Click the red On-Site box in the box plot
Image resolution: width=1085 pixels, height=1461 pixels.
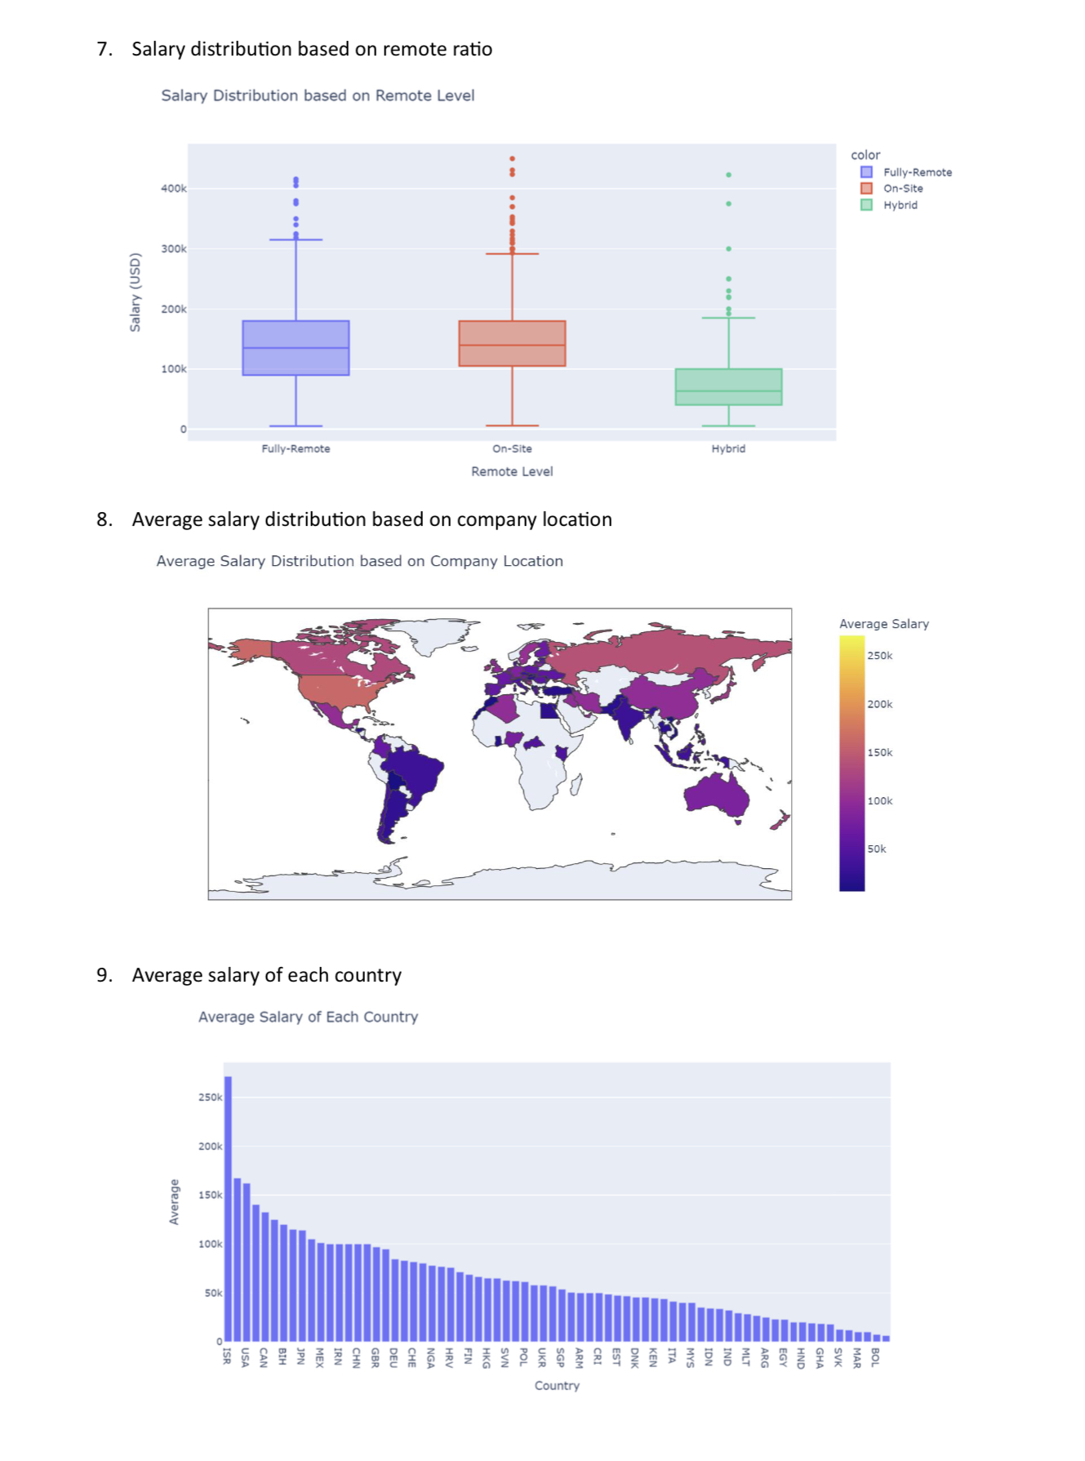(512, 343)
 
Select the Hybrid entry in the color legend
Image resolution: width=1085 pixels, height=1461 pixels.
(900, 205)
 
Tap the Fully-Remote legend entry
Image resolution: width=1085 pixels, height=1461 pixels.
(917, 172)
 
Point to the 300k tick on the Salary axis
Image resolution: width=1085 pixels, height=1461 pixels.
(173, 249)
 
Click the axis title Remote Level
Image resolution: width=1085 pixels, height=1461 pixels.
(512, 471)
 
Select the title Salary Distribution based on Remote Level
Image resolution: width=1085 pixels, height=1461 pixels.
(318, 96)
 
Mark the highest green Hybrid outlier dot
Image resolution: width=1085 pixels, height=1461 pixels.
(728, 175)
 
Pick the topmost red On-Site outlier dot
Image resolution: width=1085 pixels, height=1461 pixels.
(512, 158)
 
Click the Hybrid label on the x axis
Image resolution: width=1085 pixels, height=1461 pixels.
(728, 448)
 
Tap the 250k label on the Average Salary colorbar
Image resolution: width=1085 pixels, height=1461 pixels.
(879, 656)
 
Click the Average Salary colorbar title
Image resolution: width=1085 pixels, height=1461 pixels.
(883, 624)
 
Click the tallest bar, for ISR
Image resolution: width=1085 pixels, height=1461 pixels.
(228, 1209)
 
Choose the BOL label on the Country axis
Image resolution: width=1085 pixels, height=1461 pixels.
(875, 1357)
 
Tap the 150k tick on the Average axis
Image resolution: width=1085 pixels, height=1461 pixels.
(210, 1196)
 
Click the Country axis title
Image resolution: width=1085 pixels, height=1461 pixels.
(557, 1386)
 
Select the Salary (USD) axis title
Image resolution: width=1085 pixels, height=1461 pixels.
(136, 292)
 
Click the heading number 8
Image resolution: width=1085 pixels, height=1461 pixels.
(104, 519)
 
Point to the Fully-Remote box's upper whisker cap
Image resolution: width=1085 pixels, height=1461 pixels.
(296, 239)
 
